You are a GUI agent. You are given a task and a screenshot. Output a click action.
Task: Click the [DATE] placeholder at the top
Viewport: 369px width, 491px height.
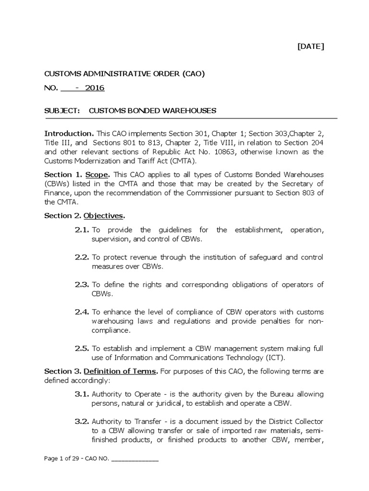click(x=310, y=47)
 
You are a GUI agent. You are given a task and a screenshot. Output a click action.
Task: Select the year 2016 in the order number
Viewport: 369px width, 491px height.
click(x=94, y=88)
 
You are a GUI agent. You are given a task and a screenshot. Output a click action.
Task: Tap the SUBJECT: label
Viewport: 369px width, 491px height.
click(x=61, y=111)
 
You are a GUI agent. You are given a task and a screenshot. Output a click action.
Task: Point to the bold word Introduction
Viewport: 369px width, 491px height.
click(x=69, y=133)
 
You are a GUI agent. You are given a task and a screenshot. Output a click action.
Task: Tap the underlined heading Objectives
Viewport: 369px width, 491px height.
click(x=104, y=216)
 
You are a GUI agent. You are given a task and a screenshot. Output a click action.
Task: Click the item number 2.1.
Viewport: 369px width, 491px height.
click(x=82, y=230)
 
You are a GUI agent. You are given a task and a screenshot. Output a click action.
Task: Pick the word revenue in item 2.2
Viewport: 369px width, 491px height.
click(x=147, y=257)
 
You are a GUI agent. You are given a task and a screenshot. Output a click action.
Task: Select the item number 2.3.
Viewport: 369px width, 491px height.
click(x=82, y=285)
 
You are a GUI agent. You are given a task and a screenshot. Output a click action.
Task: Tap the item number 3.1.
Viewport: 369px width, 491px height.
click(x=82, y=394)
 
